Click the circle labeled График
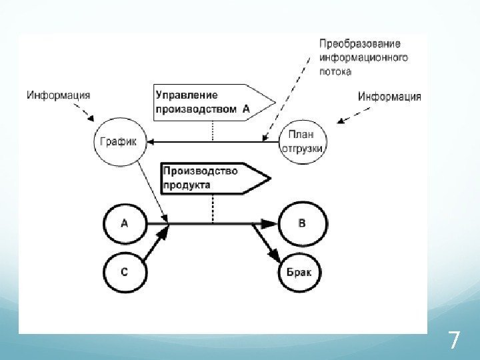119,141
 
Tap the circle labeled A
125,224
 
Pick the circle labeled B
302,224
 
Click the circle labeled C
125,272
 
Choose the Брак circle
303,272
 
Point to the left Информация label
59,95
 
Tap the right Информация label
389,97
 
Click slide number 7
454,341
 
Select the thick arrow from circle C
155,246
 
